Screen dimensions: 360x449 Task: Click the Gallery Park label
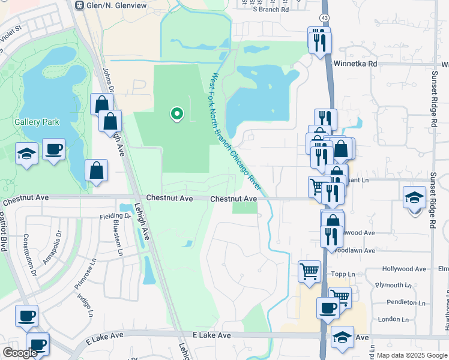tap(37, 122)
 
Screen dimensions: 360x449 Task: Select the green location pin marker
tap(176, 113)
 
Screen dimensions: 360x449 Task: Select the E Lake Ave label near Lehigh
tap(212, 335)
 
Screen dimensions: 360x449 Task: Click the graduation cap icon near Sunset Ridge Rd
tap(414, 197)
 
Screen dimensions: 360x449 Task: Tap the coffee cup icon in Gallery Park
tap(53, 149)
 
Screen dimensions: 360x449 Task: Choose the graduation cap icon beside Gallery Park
tap(26, 154)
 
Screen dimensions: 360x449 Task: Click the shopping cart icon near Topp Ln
tap(309, 271)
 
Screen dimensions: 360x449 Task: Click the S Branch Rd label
tap(271, 10)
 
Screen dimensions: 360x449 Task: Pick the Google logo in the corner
tap(20, 353)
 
